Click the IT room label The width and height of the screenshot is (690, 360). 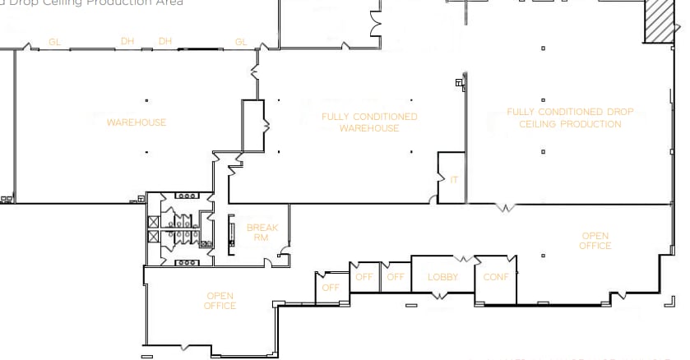pos(454,179)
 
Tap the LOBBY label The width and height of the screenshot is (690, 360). pos(442,277)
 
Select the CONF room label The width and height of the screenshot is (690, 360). pos(496,277)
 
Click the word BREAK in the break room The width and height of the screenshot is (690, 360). pos(262,228)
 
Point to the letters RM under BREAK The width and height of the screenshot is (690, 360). pos(262,238)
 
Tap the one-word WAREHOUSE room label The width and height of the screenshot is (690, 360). pos(137,122)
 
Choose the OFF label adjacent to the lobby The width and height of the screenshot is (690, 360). pos(396,277)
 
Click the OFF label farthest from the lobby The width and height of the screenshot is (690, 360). pos(331,288)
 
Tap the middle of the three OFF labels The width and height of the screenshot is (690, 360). pos(364,277)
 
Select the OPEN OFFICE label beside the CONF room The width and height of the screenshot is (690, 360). pos(595,241)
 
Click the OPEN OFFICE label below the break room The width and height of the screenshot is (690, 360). pos(220,301)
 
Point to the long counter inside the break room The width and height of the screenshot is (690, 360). pos(231,234)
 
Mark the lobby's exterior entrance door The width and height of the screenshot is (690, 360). pos(442,307)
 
